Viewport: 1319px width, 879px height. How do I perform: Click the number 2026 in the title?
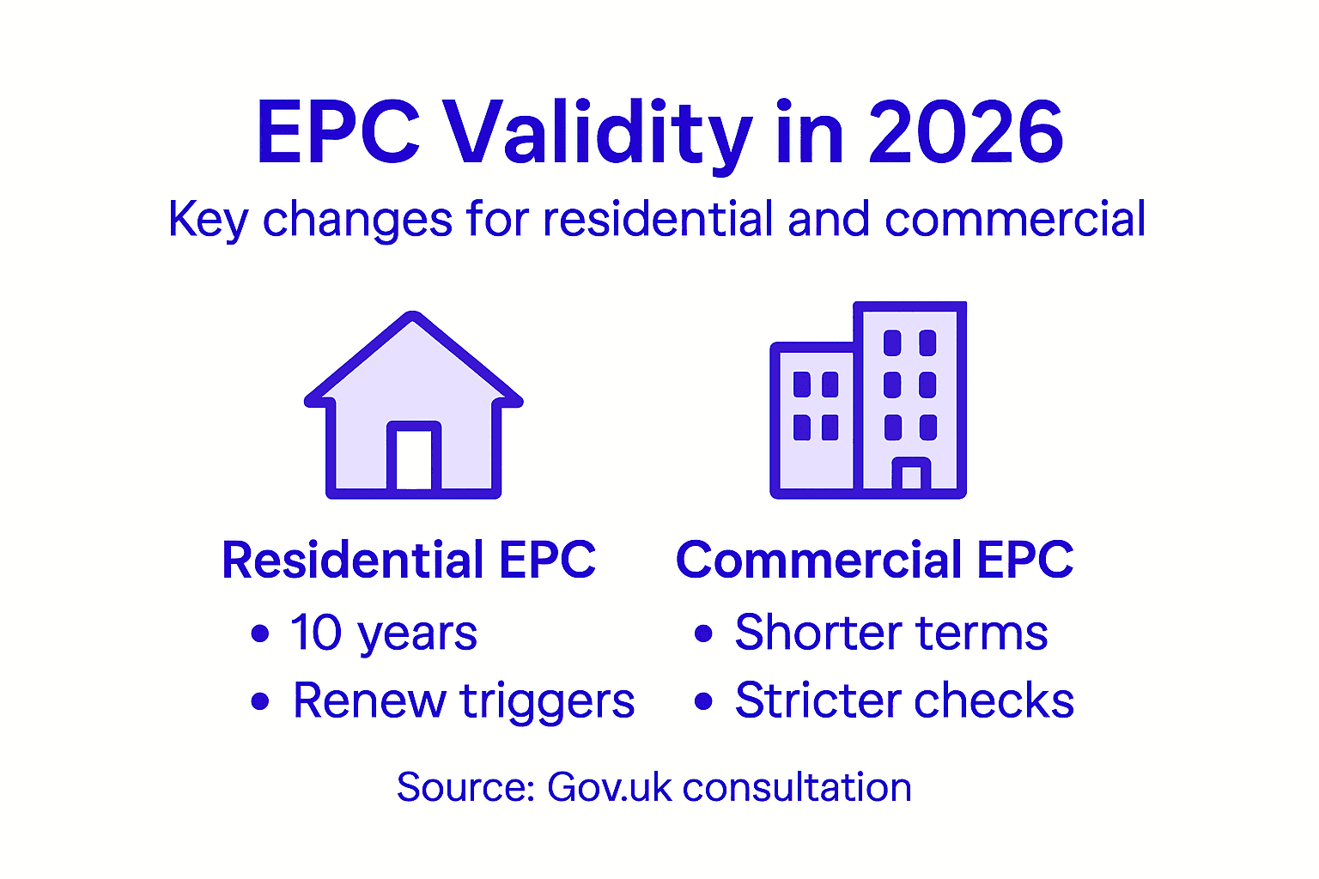click(966, 133)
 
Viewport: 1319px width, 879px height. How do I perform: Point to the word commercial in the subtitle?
click(1015, 219)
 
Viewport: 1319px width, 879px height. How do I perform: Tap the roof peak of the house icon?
click(414, 319)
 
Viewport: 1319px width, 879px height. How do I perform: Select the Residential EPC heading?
click(409, 561)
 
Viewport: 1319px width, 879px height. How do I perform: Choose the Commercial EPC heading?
click(874, 561)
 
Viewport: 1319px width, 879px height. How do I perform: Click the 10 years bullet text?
click(383, 634)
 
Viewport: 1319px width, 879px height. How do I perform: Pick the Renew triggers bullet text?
click(464, 701)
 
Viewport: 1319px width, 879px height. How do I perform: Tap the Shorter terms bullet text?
click(891, 633)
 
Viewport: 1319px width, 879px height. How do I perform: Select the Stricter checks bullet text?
click(904, 700)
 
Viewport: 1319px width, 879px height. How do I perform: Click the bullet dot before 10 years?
click(260, 634)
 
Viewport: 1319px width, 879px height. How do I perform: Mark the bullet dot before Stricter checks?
click(704, 701)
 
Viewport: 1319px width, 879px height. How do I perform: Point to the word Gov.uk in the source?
click(609, 787)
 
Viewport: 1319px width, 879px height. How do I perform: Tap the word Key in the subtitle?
click(208, 220)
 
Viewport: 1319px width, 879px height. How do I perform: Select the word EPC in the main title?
click(338, 133)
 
